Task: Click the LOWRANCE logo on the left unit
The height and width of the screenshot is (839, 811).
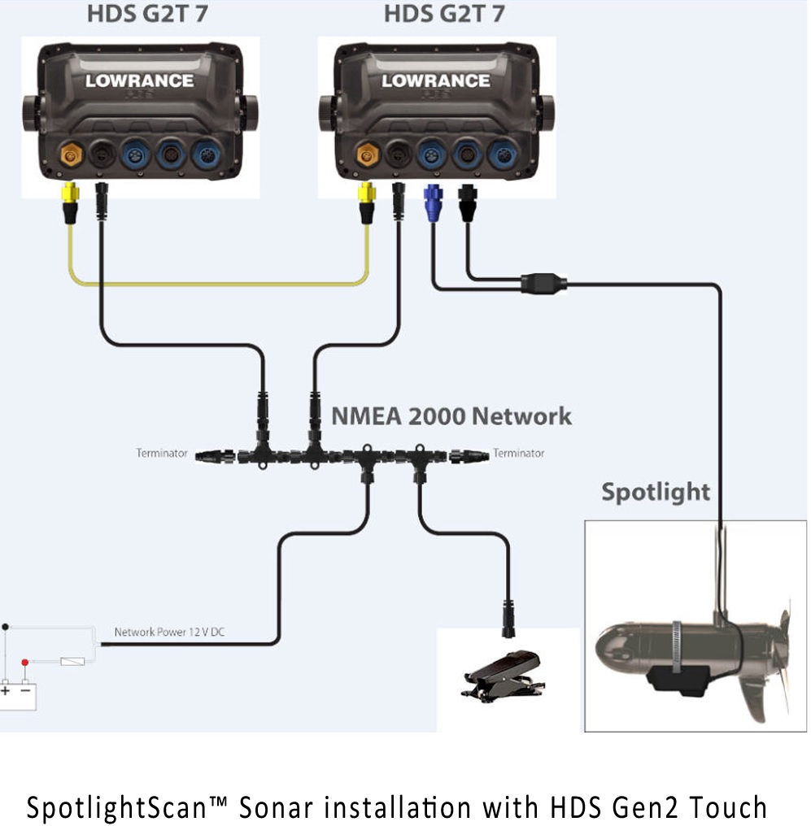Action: (x=139, y=80)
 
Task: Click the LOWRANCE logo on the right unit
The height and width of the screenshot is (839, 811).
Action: (x=436, y=80)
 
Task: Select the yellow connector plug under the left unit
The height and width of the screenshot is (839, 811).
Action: (x=70, y=202)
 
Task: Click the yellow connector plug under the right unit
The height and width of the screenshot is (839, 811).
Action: (x=368, y=202)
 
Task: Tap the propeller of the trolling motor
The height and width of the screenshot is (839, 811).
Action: (x=773, y=659)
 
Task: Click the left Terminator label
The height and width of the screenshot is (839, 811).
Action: (x=162, y=453)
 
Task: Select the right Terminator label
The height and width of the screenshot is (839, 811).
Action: (x=518, y=453)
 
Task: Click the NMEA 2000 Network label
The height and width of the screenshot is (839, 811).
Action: (x=451, y=416)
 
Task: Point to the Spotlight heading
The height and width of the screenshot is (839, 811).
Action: (x=656, y=492)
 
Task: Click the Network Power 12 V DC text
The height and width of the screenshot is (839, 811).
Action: (x=169, y=632)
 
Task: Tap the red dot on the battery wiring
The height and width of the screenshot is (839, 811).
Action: (x=25, y=662)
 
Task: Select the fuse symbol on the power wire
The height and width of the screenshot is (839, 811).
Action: (x=72, y=662)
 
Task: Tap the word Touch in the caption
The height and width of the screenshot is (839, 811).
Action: (x=728, y=808)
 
